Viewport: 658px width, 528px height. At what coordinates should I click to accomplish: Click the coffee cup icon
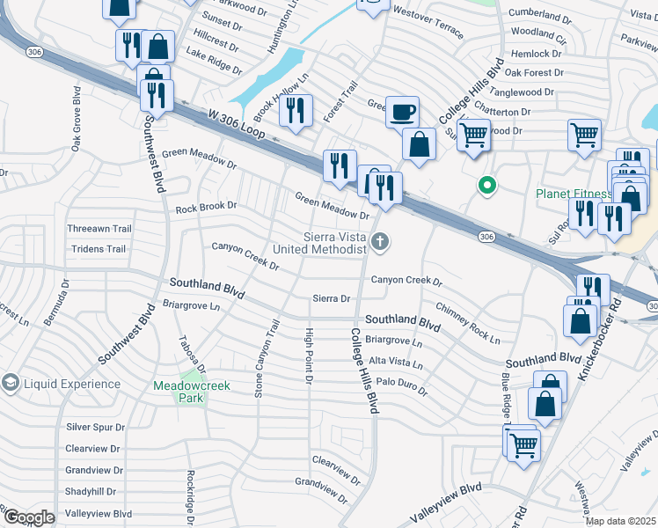402,112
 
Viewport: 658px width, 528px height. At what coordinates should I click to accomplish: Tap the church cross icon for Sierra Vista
380,241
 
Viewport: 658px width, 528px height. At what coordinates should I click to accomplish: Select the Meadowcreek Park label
191,392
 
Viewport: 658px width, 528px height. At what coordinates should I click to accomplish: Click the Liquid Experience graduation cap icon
11,384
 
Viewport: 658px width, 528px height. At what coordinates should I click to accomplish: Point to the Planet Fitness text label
574,194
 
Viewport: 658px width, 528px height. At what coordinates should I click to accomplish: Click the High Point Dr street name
309,356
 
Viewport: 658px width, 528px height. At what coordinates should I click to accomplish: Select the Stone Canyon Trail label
260,359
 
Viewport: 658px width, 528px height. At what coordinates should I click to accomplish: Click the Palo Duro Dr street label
401,386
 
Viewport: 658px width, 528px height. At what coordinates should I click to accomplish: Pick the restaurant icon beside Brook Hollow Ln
295,110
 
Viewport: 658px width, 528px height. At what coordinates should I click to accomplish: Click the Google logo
28,517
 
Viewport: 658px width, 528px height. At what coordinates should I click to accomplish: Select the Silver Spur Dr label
95,428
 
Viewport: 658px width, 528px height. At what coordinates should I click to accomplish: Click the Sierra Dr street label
332,299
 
